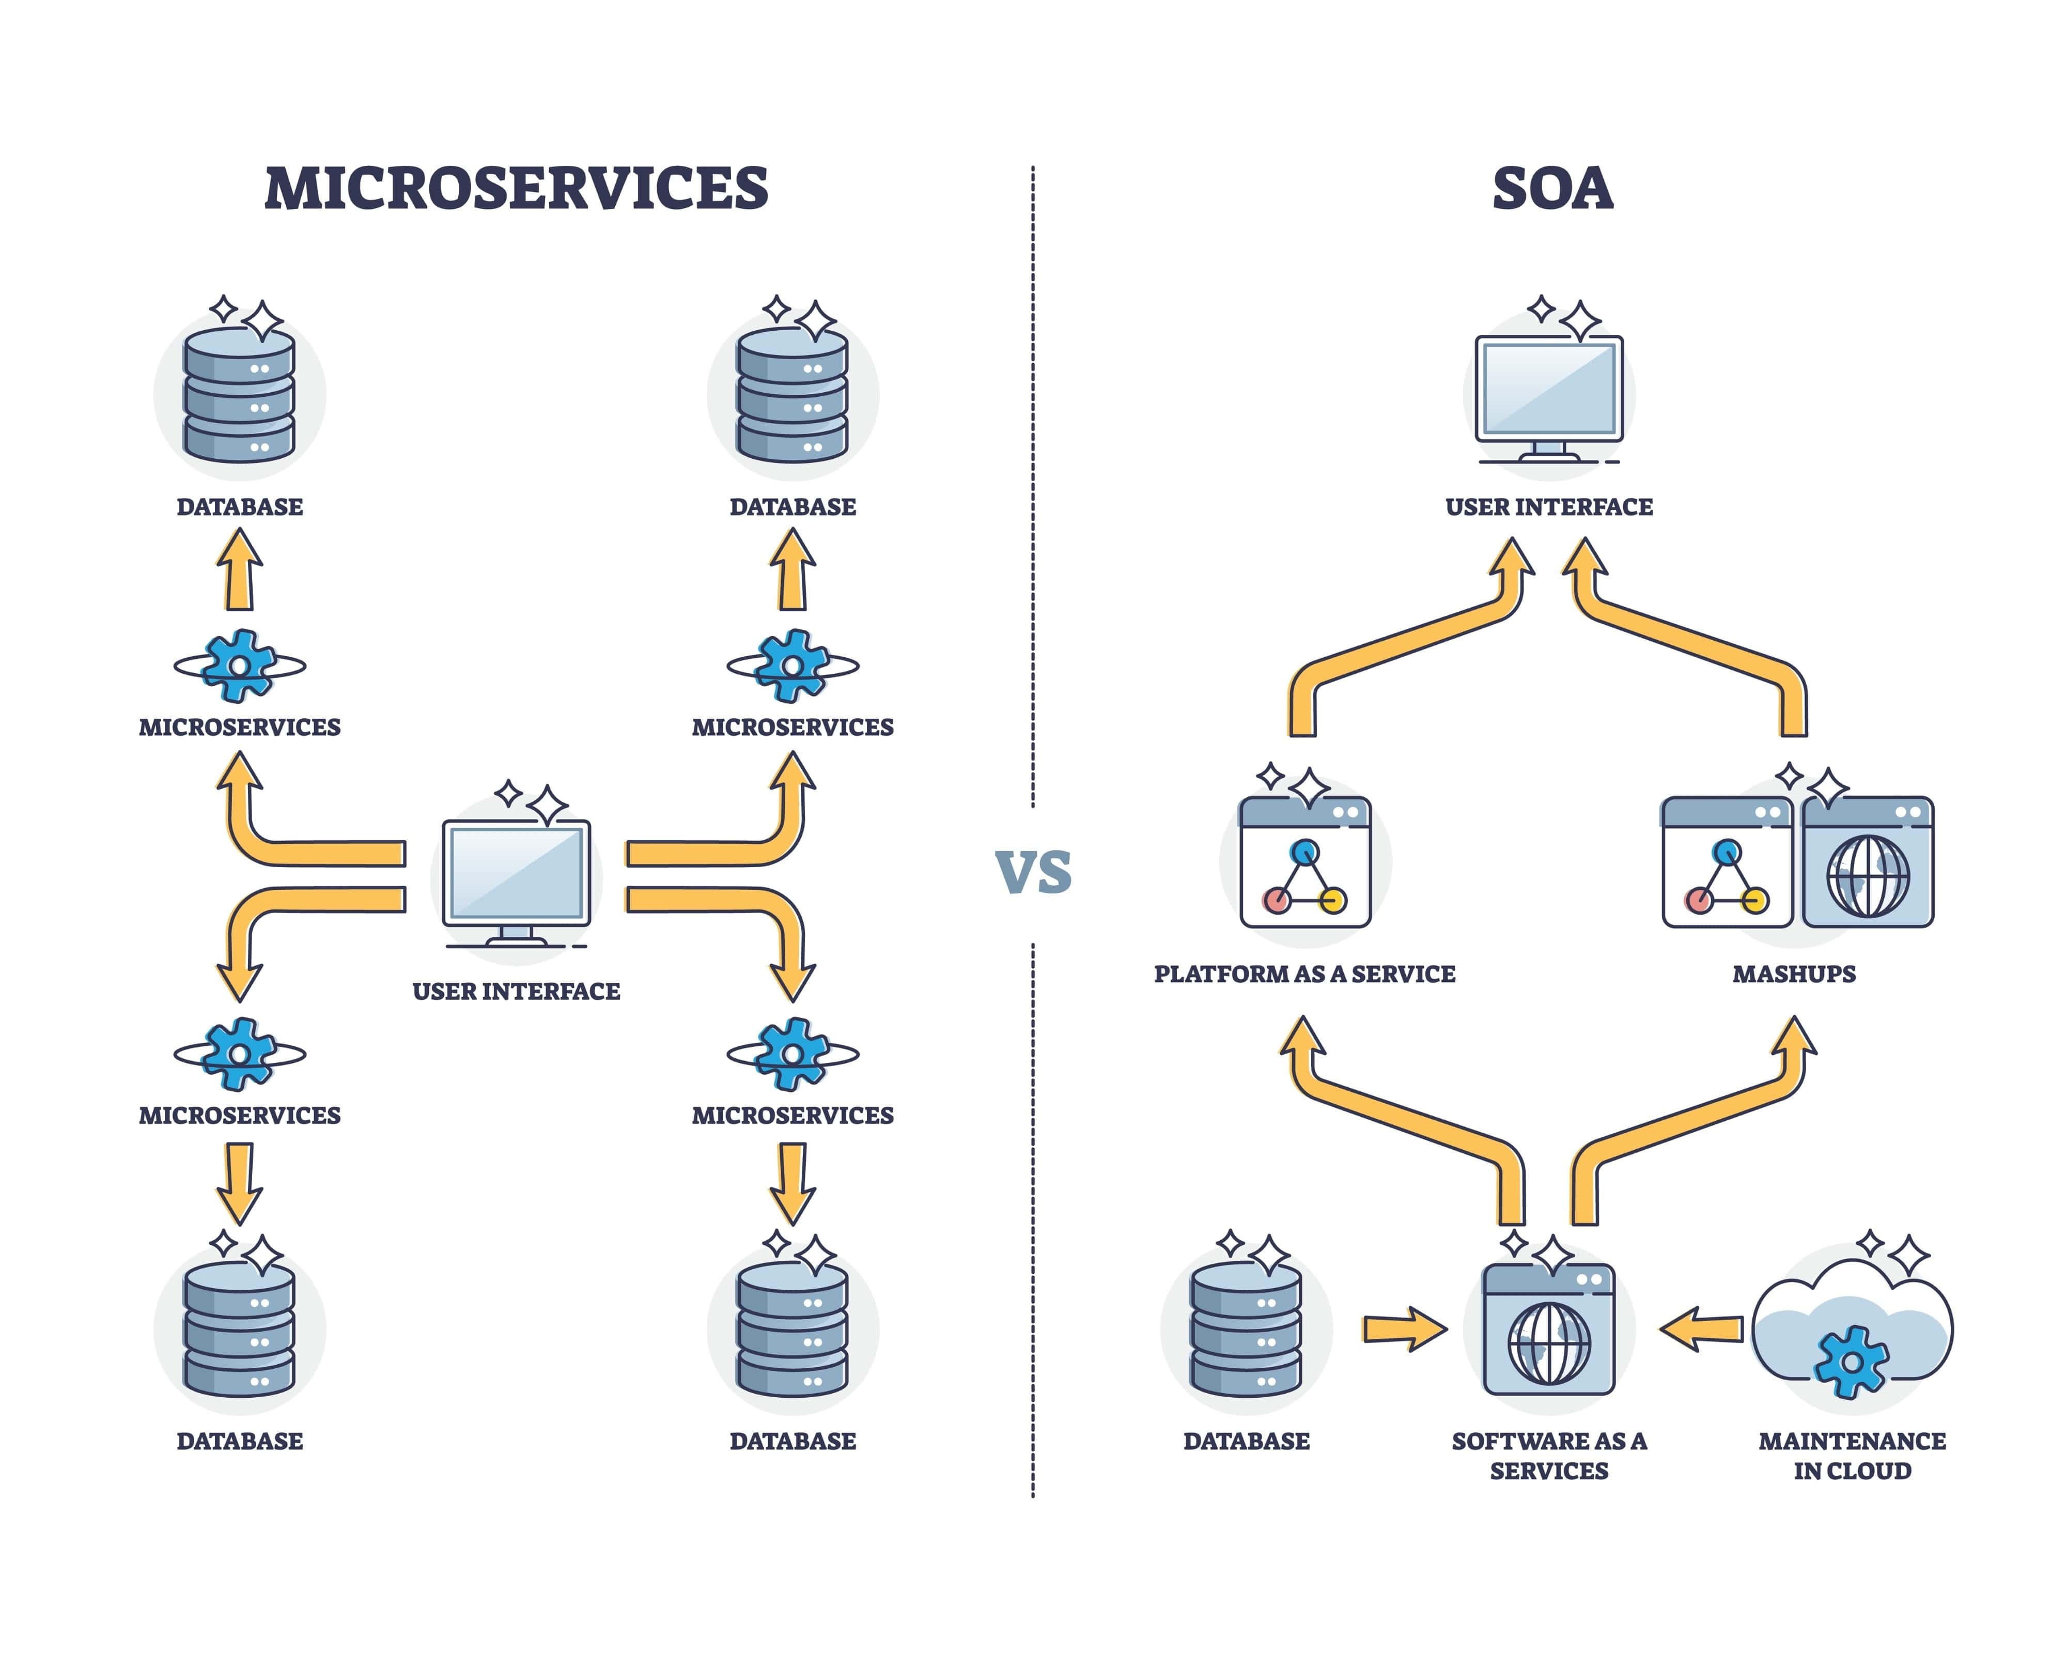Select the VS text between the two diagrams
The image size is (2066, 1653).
pos(1033,872)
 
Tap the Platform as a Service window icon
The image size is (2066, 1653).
pos(1305,862)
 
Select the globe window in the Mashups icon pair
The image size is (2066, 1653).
pos(1867,862)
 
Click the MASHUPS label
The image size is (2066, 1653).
pos(1794,974)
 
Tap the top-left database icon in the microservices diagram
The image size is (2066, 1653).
pos(240,395)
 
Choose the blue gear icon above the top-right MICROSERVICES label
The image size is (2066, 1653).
pos(793,665)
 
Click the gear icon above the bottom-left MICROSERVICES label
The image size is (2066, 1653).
pos(240,1053)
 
